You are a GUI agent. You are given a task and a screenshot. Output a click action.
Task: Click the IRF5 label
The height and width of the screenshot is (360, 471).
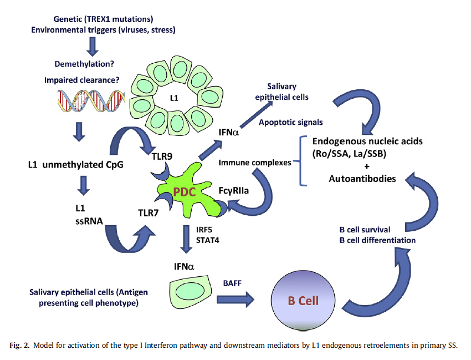tap(202, 230)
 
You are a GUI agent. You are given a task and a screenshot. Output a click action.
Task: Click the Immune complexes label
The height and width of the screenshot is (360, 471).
tap(255, 163)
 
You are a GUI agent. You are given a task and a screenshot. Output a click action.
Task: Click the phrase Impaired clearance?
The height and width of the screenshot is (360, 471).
tap(81, 80)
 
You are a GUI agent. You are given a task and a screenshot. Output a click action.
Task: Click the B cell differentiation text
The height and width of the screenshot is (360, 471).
tap(377, 240)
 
